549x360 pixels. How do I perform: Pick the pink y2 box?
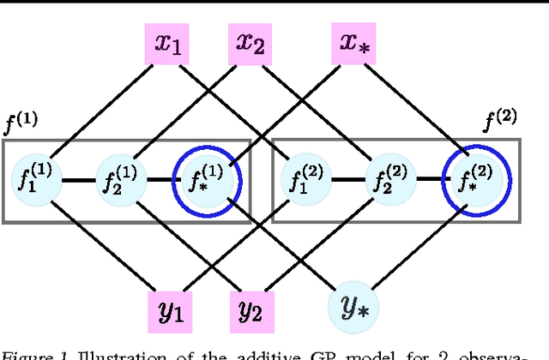coord(250,309)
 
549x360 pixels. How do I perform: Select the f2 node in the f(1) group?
coord(119,181)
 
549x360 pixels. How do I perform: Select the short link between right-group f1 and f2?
coord(346,181)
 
